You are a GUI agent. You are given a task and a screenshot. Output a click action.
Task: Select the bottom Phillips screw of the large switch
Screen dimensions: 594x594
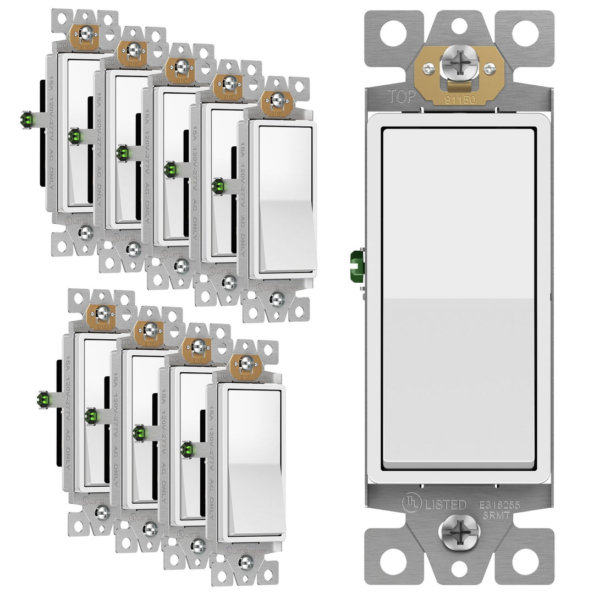[x=459, y=532]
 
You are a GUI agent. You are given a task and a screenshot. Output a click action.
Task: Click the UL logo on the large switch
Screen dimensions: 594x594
[x=409, y=503]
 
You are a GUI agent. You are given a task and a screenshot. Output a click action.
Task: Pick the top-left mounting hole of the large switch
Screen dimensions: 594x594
[x=393, y=33]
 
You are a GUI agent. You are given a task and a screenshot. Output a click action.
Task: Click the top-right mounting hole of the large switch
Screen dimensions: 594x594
[x=525, y=33]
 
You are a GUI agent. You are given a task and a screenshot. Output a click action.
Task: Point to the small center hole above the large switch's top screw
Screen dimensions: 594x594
[x=459, y=25]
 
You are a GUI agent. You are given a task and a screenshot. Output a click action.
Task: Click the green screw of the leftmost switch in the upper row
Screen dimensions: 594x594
[x=26, y=119]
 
